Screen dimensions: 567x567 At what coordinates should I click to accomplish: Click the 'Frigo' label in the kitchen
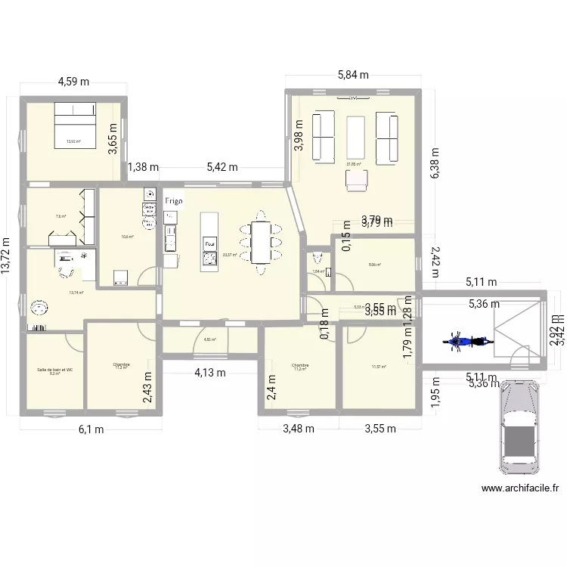(174, 201)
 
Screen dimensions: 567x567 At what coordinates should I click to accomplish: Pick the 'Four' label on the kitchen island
(209, 245)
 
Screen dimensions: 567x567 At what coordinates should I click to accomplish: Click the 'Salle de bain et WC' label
(55, 370)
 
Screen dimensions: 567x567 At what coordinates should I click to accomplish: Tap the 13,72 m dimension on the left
(8, 255)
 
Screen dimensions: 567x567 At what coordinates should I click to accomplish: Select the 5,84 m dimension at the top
(352, 75)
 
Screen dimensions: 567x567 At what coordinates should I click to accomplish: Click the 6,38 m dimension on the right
(435, 163)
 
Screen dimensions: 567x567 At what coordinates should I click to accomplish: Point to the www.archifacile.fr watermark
(520, 488)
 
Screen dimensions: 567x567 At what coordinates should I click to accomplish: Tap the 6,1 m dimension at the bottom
(92, 429)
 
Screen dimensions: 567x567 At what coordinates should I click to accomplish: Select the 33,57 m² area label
(229, 255)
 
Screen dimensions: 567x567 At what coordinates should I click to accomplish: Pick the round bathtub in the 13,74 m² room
(38, 308)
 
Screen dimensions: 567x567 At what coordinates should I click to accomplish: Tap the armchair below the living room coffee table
(356, 179)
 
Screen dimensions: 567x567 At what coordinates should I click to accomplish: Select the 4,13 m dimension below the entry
(209, 372)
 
